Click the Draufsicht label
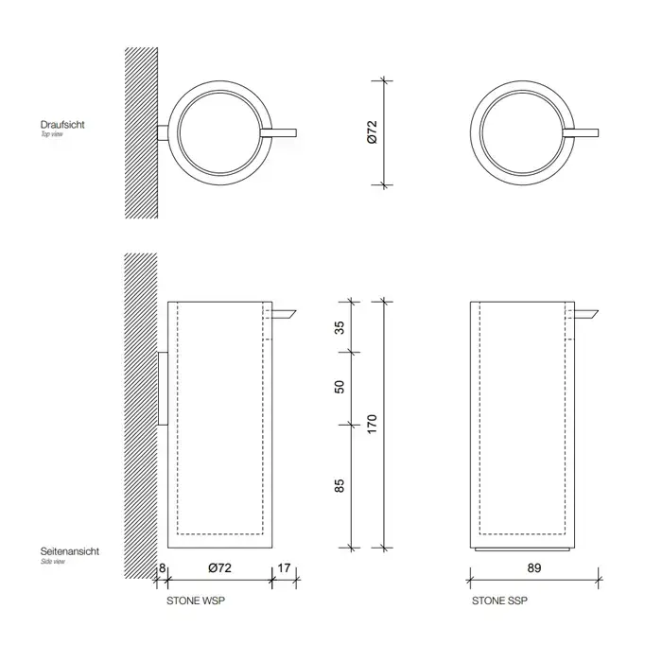(62, 125)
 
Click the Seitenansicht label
(70, 551)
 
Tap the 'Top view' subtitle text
(51, 134)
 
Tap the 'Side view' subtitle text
(53, 562)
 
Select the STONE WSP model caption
(196, 601)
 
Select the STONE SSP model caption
(499, 601)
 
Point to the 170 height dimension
(372, 425)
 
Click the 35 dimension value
(340, 327)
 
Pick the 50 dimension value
(340, 387)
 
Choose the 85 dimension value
(340, 485)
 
